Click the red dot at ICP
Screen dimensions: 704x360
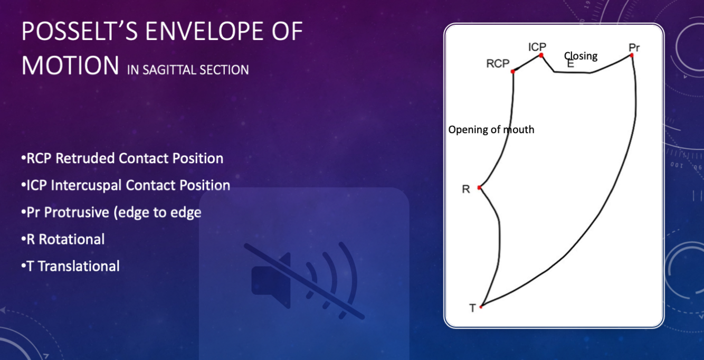[x=541, y=55]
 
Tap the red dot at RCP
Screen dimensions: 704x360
[x=512, y=72]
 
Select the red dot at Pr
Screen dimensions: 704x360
[x=632, y=55]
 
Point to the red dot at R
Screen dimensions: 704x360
[x=479, y=188]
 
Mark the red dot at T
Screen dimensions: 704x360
[x=481, y=307]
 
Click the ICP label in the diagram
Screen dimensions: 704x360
[x=537, y=47]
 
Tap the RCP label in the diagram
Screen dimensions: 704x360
[x=498, y=63]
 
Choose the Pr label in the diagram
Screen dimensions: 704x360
[x=634, y=48]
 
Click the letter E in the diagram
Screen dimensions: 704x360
[x=570, y=64]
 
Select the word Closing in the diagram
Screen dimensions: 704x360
[x=581, y=56]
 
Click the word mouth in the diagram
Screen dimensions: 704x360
[x=519, y=129]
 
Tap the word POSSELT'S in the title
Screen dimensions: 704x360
[x=80, y=31]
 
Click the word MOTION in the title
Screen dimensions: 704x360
[x=70, y=65]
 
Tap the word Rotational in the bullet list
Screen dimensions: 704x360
[x=72, y=239]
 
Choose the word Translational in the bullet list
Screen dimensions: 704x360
[x=79, y=266]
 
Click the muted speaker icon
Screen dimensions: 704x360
[x=304, y=280]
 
